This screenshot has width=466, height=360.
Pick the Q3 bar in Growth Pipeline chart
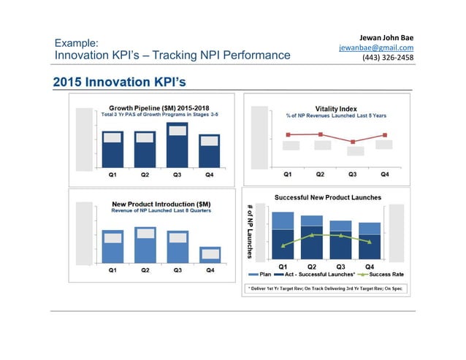(177, 145)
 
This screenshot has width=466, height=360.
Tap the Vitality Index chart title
(336, 108)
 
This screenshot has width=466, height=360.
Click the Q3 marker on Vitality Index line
(352, 142)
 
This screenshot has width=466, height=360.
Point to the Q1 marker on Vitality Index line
(288, 135)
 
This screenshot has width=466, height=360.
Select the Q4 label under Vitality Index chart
(384, 175)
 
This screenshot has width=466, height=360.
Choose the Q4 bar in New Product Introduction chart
(210, 254)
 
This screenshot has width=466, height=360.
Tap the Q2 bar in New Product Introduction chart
(145, 245)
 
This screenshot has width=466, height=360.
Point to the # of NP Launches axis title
(249, 230)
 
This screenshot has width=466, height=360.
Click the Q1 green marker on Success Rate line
(283, 246)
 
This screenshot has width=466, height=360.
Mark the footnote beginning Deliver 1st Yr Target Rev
(325, 288)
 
